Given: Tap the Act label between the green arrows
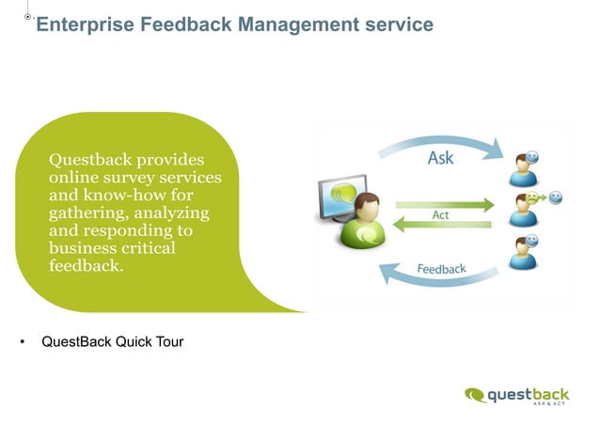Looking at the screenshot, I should click(x=439, y=215).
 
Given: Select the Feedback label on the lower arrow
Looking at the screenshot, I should click(x=441, y=271).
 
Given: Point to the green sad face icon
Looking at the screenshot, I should click(x=533, y=198).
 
